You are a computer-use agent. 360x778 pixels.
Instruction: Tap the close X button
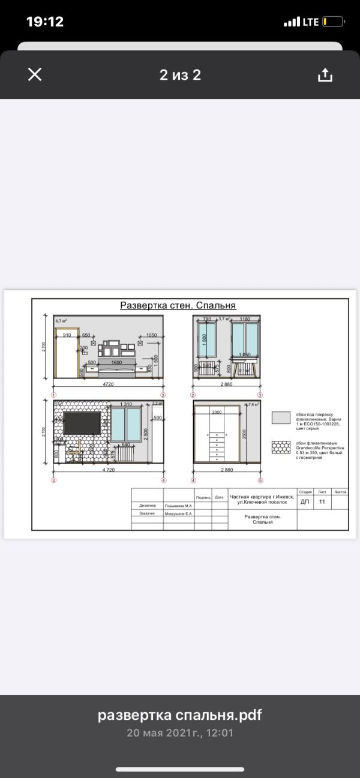(35, 74)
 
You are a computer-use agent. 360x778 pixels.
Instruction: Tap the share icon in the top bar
(325, 75)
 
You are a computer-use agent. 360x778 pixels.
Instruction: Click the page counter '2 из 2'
(180, 75)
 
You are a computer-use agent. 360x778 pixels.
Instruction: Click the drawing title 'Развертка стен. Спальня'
(178, 305)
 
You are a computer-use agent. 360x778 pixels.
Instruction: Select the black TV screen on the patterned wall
(83, 422)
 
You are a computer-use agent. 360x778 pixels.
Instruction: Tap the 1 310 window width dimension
(126, 404)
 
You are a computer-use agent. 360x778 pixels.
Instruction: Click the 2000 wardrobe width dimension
(217, 413)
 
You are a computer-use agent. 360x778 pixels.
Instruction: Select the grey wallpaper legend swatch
(281, 417)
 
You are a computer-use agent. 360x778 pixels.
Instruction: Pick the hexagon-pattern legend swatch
(281, 447)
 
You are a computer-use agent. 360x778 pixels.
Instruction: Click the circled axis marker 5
(260, 480)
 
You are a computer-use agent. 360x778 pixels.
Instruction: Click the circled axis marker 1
(54, 395)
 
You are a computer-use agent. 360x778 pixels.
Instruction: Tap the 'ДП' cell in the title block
(305, 501)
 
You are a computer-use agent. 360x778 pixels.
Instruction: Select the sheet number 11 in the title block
(322, 501)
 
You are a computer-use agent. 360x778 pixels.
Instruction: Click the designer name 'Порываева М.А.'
(178, 506)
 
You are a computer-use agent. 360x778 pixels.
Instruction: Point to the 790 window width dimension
(207, 320)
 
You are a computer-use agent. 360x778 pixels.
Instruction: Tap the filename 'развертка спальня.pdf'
(180, 716)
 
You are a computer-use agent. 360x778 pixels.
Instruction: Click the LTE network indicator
(310, 22)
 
